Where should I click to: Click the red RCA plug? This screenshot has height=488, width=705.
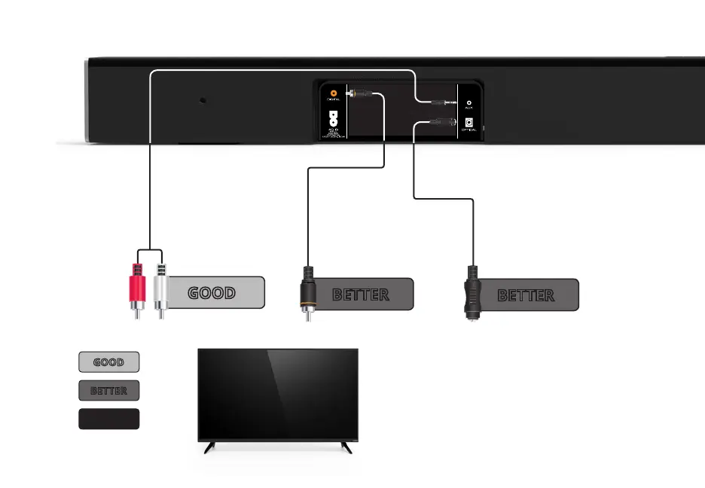136,287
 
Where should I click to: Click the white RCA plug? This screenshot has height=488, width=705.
160,287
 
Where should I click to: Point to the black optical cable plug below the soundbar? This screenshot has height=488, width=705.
472,293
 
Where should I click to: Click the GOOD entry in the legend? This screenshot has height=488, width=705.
108,362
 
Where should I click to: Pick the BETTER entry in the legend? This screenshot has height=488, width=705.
108,391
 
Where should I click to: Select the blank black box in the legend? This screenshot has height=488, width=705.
108,419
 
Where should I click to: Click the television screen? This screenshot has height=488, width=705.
277,395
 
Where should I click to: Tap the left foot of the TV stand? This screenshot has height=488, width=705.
210,447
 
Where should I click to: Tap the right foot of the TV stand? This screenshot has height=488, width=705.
346,447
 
